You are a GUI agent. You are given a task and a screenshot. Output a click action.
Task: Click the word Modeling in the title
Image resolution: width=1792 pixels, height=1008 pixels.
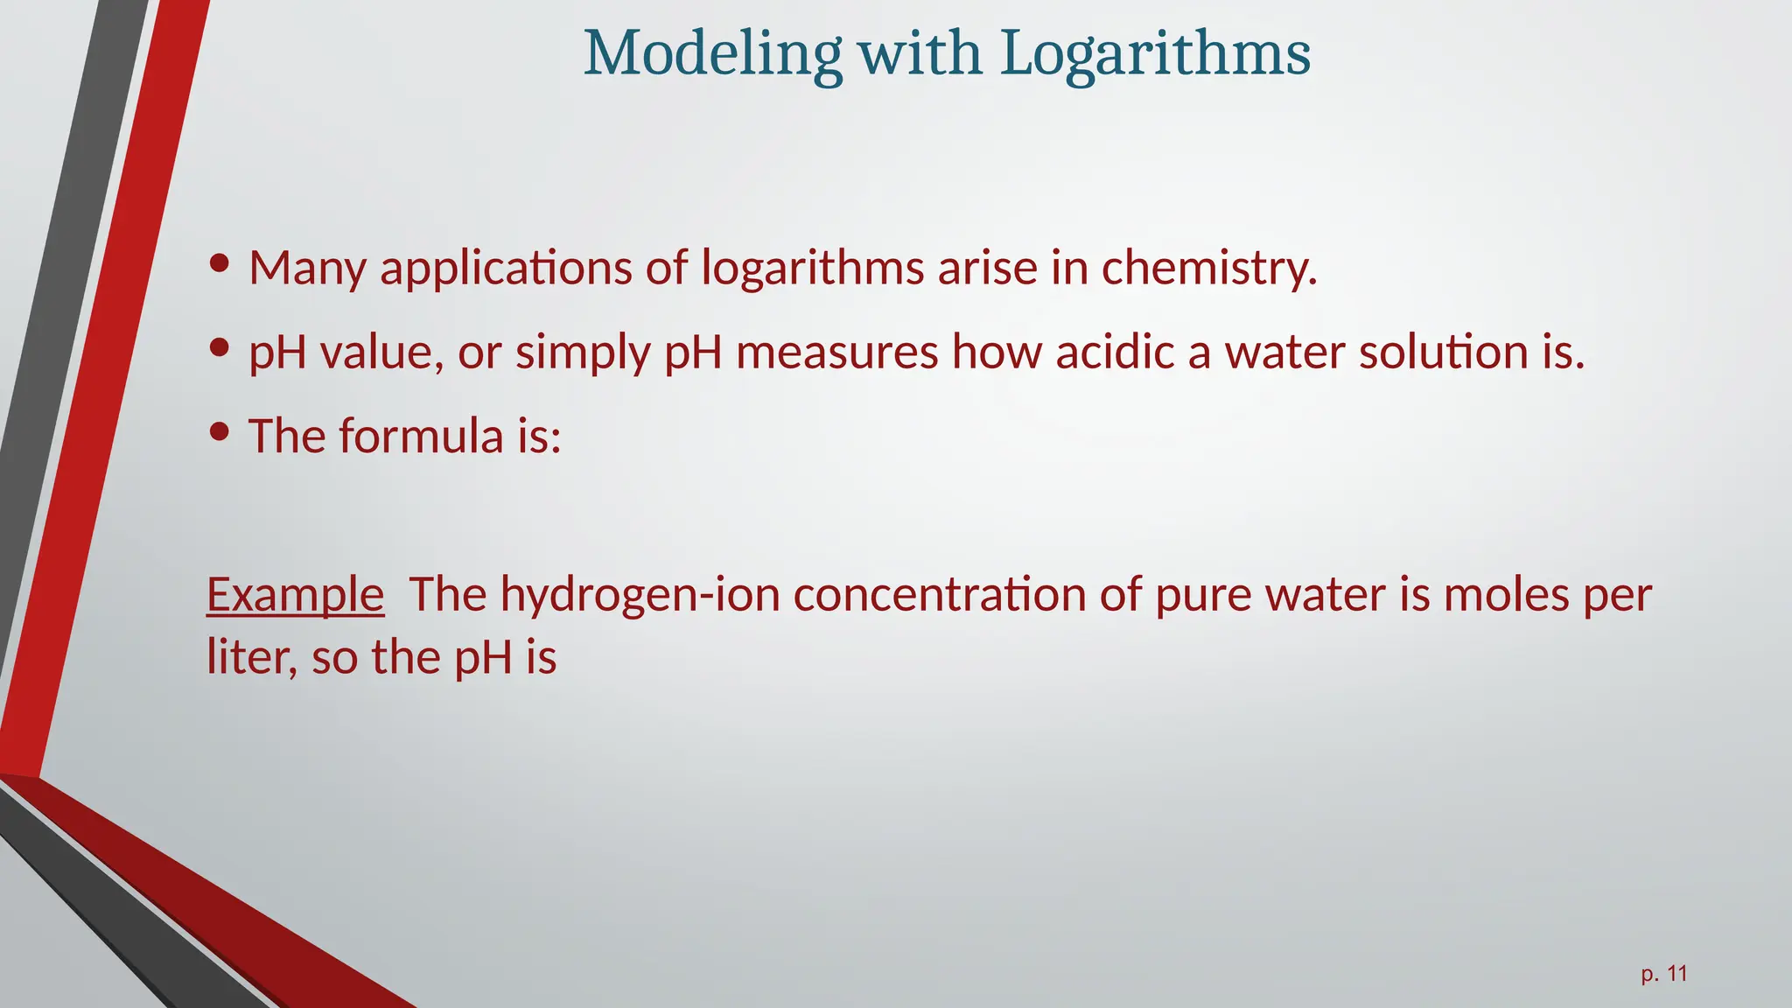point(712,54)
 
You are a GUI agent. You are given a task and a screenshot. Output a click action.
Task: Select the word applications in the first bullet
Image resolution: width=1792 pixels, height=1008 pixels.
point(506,269)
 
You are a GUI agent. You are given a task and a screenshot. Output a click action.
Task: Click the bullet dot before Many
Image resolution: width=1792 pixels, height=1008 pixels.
point(220,263)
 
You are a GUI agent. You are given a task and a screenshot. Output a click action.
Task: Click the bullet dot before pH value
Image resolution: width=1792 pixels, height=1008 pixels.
point(220,348)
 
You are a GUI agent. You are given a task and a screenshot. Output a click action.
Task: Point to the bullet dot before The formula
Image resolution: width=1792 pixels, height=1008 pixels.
point(220,432)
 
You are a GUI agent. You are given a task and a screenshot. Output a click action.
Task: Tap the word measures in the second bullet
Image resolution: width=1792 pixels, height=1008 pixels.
point(836,352)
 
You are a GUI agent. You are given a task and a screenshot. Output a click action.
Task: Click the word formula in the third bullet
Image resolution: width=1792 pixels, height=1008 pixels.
point(421,436)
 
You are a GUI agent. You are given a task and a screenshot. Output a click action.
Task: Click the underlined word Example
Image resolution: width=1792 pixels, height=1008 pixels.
point(295,595)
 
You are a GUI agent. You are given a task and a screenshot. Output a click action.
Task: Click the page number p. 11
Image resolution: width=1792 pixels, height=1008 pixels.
point(1663,974)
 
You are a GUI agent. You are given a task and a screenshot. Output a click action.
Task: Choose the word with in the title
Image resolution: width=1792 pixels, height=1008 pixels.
point(920,54)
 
